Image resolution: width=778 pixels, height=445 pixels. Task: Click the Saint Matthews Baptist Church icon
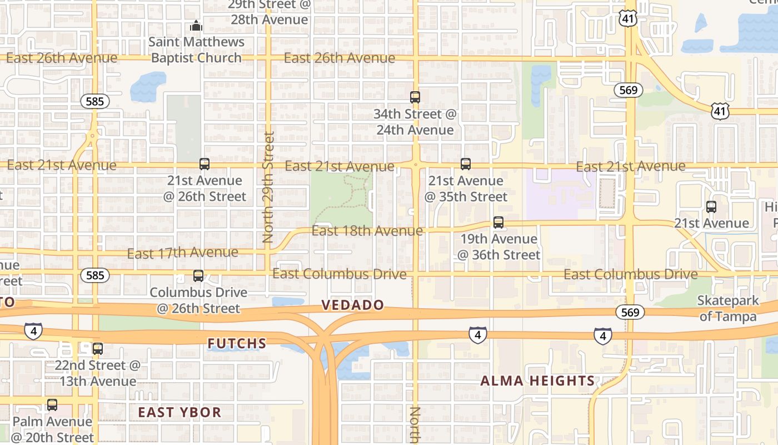tap(196, 26)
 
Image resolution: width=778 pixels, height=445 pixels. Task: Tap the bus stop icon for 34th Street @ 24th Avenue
tap(415, 97)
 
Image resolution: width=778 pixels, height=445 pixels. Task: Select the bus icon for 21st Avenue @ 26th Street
tap(205, 164)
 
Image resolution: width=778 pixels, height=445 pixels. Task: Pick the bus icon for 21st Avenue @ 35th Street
tap(466, 164)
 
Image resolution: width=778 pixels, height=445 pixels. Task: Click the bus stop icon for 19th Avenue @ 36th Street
tap(498, 222)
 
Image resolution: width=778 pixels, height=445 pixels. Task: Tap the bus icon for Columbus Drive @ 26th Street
tap(198, 276)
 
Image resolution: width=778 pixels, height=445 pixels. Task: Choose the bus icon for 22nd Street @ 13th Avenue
tap(98, 349)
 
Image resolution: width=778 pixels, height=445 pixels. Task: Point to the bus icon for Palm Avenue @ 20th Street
tap(52, 405)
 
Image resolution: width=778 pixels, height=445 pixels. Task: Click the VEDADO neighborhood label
tap(353, 305)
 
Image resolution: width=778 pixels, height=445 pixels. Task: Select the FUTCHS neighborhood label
tap(237, 344)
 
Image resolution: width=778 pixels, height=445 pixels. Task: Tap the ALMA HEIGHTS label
tap(537, 381)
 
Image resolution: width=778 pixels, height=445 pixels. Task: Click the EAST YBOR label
tap(179, 412)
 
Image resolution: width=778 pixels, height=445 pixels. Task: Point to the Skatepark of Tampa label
tap(729, 309)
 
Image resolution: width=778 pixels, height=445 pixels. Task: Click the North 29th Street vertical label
tap(268, 187)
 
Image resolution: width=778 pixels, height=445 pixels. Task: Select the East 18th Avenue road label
tap(367, 230)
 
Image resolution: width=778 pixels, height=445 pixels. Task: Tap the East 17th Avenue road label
tap(182, 253)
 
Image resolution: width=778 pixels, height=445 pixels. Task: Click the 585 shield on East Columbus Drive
tap(95, 275)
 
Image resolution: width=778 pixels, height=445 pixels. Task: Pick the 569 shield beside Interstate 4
tap(630, 312)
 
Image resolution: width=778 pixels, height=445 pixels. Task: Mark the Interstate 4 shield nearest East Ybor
tap(33, 331)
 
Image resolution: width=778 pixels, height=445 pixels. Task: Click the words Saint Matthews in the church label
tap(197, 42)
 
